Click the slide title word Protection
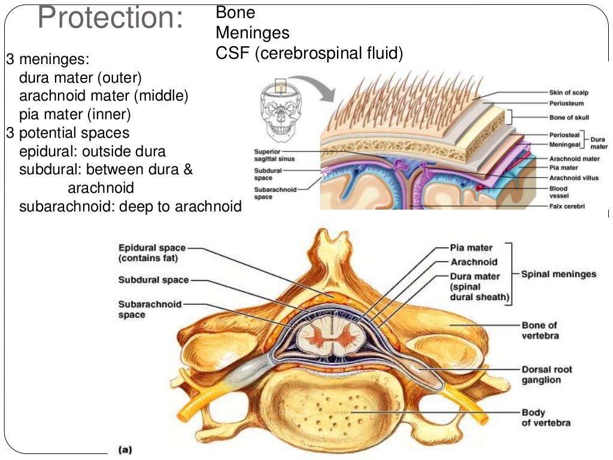[110, 18]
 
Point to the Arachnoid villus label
[573, 178]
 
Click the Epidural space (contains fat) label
[151, 253]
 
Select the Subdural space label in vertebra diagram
[153, 280]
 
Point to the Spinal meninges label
[559, 274]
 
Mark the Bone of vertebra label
[540, 330]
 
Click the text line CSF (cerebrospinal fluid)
[309, 54]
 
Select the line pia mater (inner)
[75, 114]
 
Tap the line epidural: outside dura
[92, 151]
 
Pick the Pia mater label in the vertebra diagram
[471, 247]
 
